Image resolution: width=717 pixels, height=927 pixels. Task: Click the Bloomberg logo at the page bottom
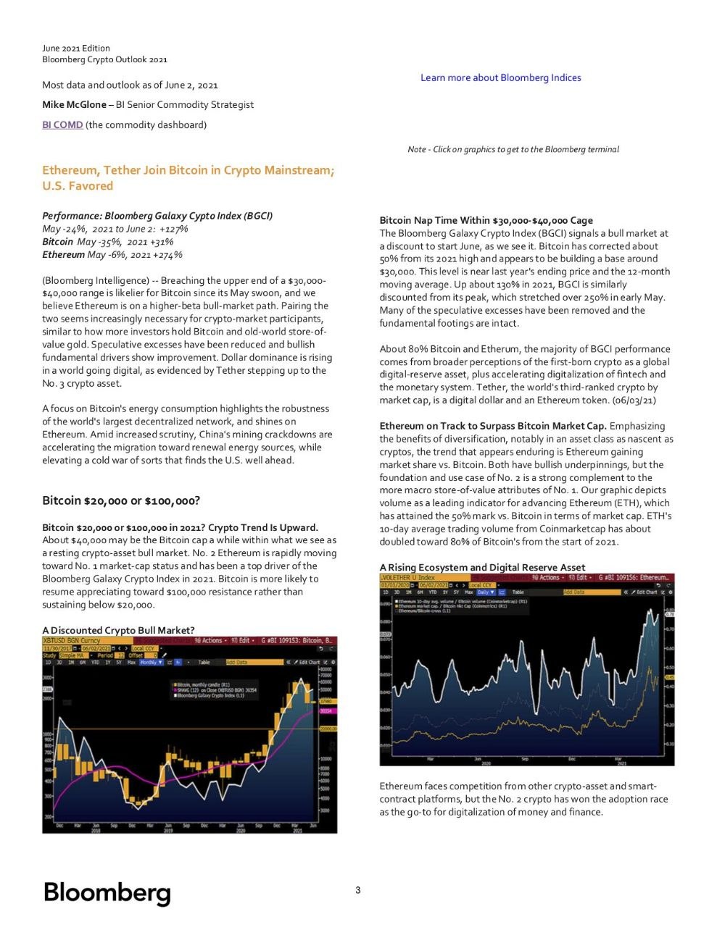point(107,892)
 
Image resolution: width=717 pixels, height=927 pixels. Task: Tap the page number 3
point(358,890)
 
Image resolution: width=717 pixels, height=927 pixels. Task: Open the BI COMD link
point(62,125)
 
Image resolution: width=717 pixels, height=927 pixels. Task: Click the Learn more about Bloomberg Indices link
point(500,77)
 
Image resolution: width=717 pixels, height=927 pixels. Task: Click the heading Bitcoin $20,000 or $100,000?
point(121,500)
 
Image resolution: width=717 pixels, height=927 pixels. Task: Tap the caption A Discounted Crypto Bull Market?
point(118,630)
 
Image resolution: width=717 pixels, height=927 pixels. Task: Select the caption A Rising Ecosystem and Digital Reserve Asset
point(482,567)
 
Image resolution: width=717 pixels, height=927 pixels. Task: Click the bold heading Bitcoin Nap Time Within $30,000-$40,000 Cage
point(486,220)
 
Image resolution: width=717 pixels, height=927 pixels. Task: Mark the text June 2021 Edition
point(76,49)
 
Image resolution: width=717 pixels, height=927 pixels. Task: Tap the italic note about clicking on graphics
point(513,149)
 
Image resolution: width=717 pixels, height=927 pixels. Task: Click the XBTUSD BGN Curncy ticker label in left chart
point(71,640)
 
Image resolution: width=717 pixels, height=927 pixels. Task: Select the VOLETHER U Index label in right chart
point(407,577)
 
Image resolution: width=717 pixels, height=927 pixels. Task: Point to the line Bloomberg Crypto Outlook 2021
point(104,59)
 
